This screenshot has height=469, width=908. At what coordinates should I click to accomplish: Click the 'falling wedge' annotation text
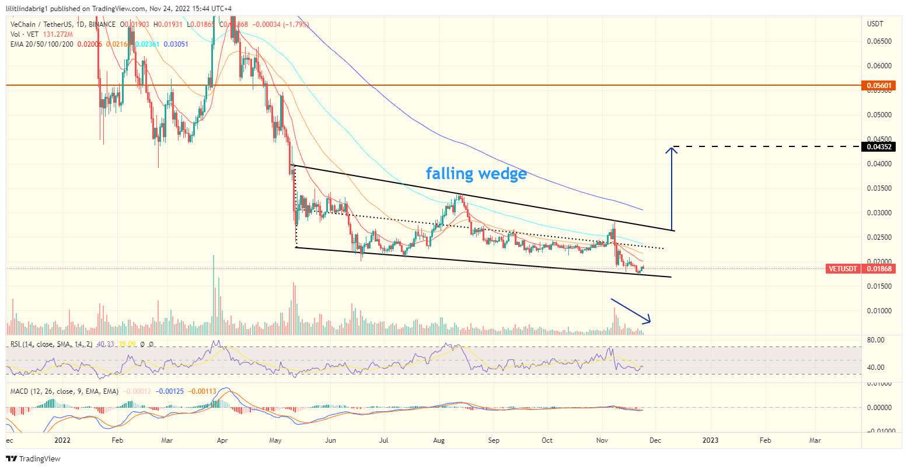476,173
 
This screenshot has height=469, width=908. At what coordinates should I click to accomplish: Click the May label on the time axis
276,440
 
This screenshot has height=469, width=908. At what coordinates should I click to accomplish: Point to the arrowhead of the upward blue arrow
672,150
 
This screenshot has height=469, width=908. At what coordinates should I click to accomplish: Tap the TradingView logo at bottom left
33,459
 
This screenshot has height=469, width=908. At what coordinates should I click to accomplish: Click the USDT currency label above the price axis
876,24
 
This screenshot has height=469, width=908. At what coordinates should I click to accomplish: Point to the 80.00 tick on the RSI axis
876,340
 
